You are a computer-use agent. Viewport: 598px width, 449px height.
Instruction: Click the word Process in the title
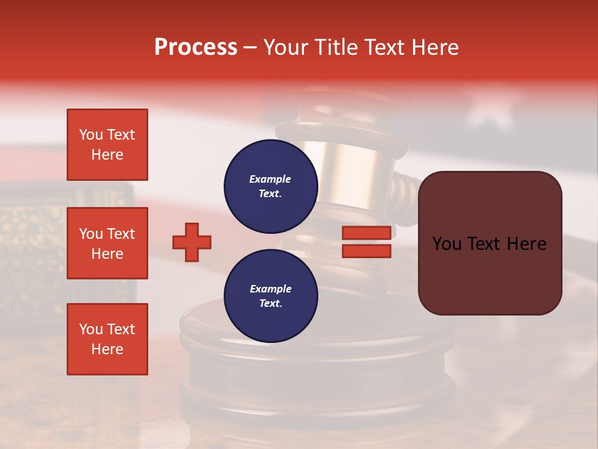point(196,47)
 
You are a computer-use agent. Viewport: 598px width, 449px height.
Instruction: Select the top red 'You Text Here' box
point(107,145)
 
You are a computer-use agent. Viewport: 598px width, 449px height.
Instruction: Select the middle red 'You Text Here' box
point(107,243)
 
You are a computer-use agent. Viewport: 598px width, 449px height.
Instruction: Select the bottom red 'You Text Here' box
point(107,339)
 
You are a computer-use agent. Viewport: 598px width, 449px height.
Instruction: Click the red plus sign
point(192,242)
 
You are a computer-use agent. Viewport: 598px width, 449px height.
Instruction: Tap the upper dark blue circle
point(271,186)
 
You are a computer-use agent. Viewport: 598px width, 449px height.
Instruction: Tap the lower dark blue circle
point(271,296)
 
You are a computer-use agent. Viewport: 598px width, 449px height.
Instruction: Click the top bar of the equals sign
point(367,233)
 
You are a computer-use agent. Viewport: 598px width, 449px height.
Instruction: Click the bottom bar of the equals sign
point(367,251)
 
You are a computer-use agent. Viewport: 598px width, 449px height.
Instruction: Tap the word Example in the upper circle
point(270,179)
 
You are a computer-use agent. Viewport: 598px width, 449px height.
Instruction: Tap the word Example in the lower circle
point(270,289)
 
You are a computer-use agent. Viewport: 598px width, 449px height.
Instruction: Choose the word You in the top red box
point(91,135)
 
